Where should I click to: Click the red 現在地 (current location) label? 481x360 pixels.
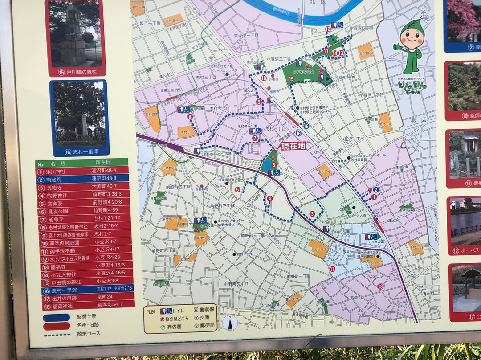click(293, 146)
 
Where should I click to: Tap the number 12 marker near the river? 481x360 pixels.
click(328, 29)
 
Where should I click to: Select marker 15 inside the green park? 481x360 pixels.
click(291, 79)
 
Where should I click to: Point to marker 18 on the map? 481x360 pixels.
click(380, 286)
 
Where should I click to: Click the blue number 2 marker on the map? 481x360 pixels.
click(376, 189)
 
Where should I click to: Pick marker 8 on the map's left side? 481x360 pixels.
click(190, 117)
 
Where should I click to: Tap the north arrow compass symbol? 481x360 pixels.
click(230, 323)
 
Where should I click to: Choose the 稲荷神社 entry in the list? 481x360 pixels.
click(82, 306)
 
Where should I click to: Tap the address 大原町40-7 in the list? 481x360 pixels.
click(104, 186)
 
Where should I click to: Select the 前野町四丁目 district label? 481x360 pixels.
click(222, 205)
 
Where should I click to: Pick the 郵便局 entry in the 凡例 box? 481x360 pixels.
click(204, 326)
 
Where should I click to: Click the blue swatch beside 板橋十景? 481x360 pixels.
click(57, 317)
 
